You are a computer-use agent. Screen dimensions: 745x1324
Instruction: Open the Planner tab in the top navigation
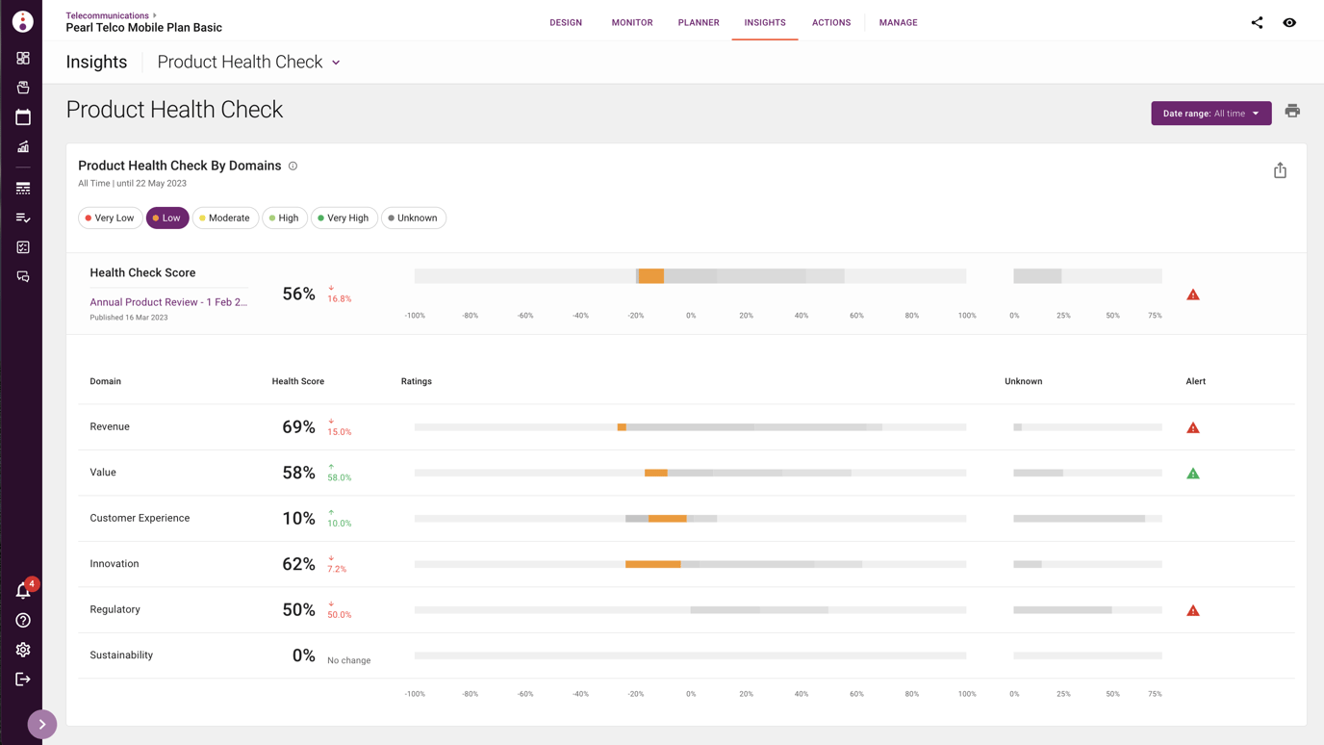click(x=699, y=22)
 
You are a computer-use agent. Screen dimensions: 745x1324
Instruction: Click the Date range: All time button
click(x=1210, y=114)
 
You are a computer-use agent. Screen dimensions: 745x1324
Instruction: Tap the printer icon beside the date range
click(x=1292, y=112)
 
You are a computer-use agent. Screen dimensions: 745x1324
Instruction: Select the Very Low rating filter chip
click(x=110, y=218)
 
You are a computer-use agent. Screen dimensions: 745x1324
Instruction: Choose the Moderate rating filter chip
click(x=225, y=218)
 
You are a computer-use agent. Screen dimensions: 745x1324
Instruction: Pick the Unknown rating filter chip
click(x=414, y=218)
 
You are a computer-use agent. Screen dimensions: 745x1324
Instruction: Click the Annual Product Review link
click(x=168, y=302)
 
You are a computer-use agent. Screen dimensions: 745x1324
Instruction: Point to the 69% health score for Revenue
click(x=298, y=427)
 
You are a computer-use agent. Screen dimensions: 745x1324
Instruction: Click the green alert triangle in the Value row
click(x=1193, y=474)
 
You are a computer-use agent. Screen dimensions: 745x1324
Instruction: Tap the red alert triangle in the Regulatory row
click(x=1193, y=610)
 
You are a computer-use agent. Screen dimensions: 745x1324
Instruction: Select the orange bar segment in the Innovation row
click(x=652, y=564)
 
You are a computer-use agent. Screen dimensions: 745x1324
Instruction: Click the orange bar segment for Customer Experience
click(x=667, y=519)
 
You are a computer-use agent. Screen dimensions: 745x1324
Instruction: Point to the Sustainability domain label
click(x=121, y=655)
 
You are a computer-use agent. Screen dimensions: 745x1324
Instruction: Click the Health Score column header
click(x=298, y=382)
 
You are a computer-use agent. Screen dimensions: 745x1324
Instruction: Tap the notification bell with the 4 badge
click(x=23, y=590)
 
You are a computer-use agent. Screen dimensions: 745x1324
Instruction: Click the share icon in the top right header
click(x=1257, y=22)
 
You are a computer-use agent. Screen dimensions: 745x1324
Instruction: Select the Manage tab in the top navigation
click(x=898, y=22)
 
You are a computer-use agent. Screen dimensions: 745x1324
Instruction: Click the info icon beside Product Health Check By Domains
click(x=293, y=166)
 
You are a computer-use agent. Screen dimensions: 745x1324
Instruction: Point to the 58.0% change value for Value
click(x=340, y=478)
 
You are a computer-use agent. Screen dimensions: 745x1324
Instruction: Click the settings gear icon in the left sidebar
click(x=23, y=650)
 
